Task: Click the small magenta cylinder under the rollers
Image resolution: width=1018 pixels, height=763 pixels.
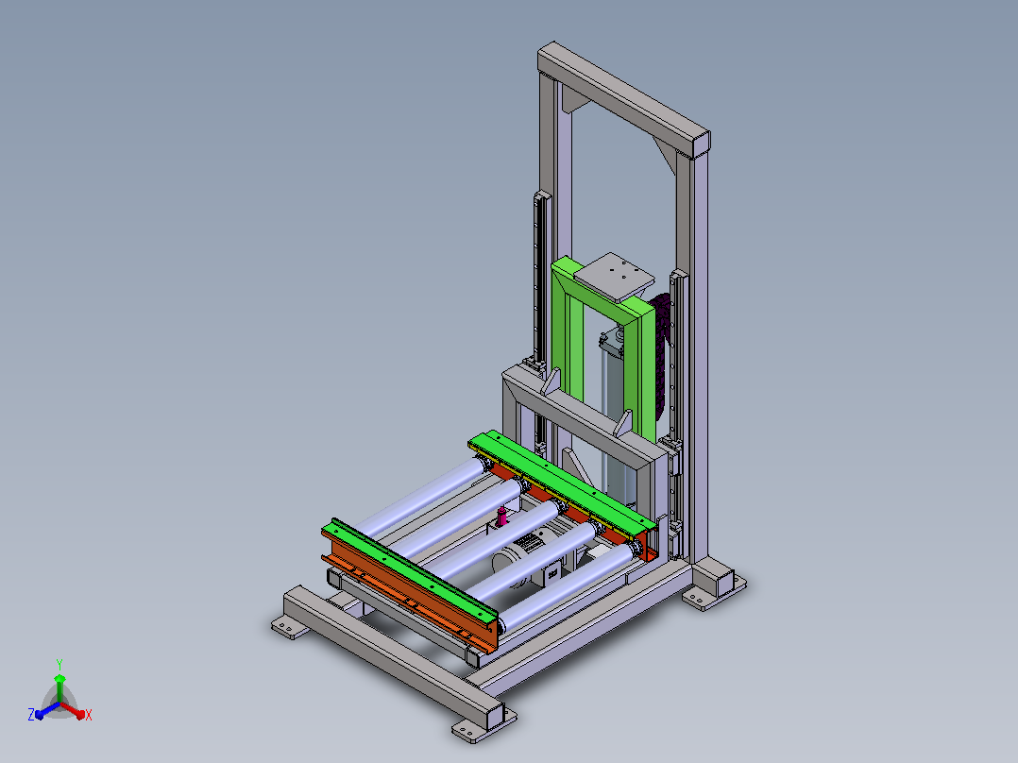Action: pos(501,517)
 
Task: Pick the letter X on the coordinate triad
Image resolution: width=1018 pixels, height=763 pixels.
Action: pos(89,715)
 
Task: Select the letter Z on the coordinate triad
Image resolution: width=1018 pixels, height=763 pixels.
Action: pos(30,714)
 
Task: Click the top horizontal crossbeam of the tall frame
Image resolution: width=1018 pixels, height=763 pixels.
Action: pos(624,100)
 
